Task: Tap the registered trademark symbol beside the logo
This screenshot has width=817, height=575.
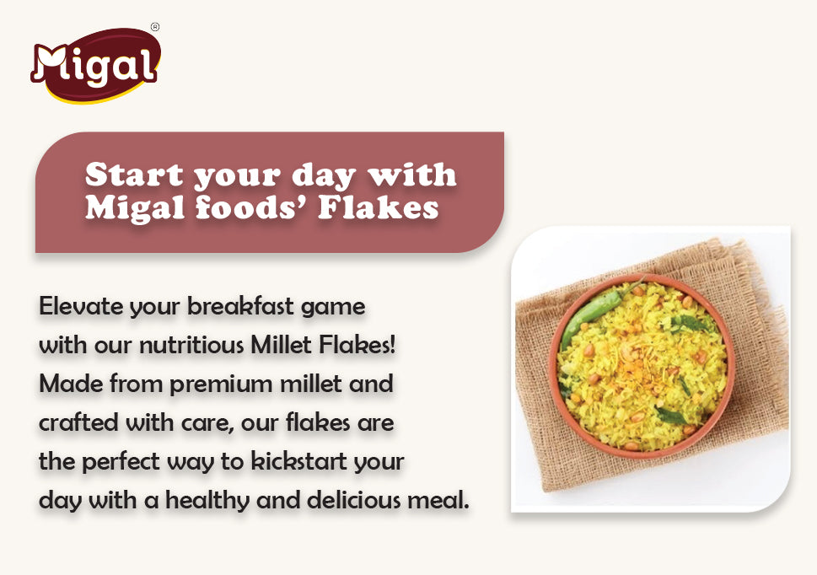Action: click(x=154, y=27)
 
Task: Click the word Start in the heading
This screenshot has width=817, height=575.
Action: click(x=134, y=175)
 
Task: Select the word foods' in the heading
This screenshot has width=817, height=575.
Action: click(x=252, y=207)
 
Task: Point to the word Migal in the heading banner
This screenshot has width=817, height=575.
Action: click(x=134, y=207)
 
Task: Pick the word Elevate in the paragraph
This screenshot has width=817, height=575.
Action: click(x=78, y=307)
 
